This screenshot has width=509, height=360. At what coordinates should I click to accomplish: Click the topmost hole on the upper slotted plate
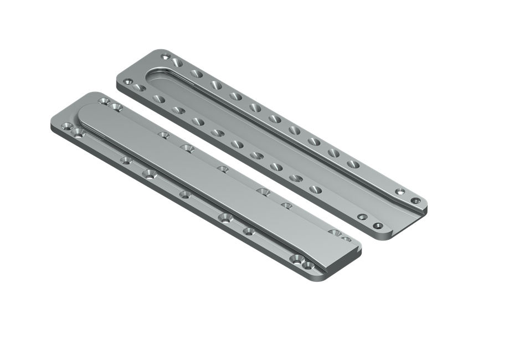pyautogui.click(x=166, y=56)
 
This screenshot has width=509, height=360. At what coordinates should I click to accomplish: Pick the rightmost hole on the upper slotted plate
pyautogui.click(x=415, y=199)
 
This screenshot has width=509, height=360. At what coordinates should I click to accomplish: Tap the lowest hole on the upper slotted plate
pyautogui.click(x=378, y=226)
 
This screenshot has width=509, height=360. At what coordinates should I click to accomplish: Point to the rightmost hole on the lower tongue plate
pyautogui.click(x=346, y=239)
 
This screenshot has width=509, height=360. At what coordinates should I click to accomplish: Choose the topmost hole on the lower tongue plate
pyautogui.click(x=103, y=101)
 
